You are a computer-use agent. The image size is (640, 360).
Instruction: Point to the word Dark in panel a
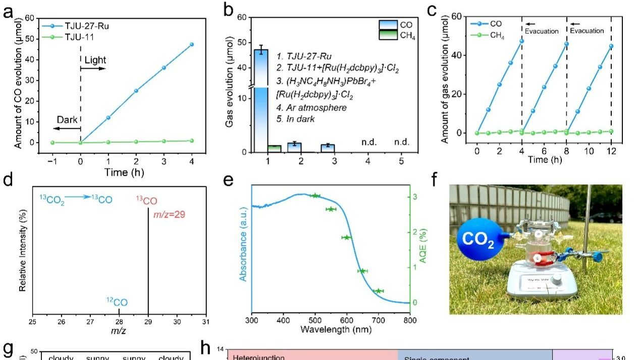(x=68, y=120)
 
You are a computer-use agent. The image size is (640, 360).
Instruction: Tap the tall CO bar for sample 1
(x=260, y=101)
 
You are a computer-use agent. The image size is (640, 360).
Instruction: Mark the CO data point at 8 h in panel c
(x=566, y=44)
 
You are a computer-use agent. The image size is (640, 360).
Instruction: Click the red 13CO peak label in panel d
(x=146, y=201)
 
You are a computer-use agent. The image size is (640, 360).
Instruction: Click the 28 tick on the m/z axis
(x=119, y=322)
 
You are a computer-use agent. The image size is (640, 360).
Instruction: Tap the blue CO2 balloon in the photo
(x=480, y=240)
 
